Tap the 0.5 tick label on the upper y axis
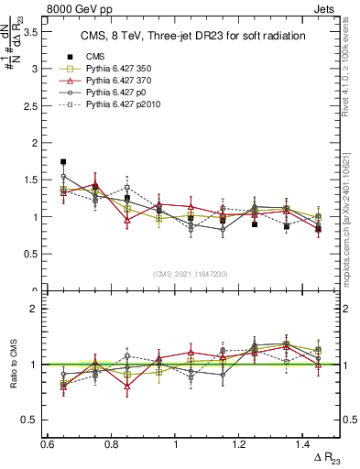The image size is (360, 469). (31, 255)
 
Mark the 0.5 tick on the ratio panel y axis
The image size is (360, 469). (31, 420)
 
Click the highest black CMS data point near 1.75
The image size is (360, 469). (63, 161)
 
